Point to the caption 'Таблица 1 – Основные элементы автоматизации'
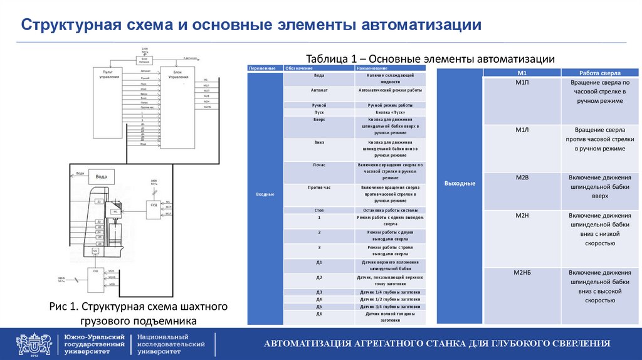pos(429,58)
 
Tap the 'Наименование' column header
pos(372,68)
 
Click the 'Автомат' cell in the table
pos(319,90)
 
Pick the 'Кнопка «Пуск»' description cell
pos(390,112)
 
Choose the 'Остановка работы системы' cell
pos(390,210)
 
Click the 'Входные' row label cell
pos(265,194)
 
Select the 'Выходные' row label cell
pos(460,183)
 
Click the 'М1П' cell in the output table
pos(522,83)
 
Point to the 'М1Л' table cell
pos(522,130)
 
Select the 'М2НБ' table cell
pos(522,273)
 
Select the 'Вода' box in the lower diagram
pos(101,177)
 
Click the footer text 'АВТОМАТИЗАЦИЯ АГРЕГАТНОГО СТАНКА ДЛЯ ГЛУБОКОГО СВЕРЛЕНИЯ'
pos(437,344)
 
